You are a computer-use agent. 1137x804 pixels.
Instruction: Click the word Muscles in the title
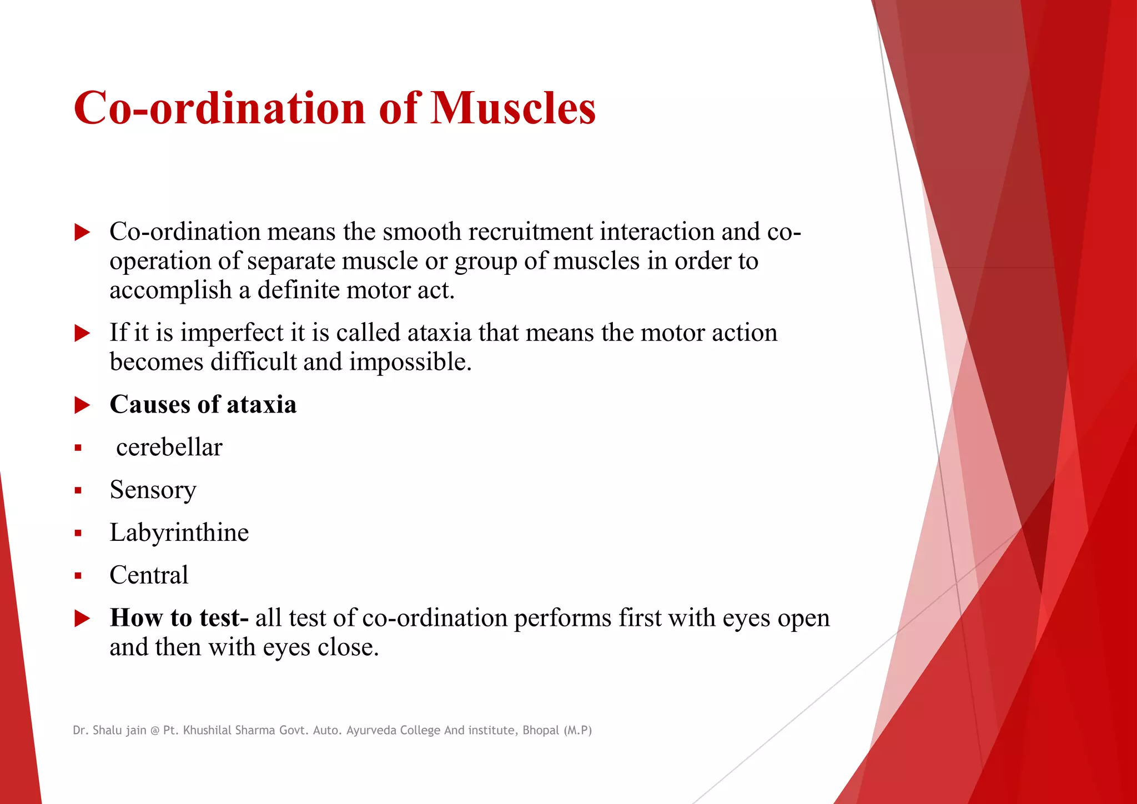512,108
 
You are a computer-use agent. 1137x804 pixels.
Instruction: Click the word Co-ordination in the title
219,108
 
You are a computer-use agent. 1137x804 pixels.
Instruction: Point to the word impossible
410,362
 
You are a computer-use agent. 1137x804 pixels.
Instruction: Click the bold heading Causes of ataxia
203,404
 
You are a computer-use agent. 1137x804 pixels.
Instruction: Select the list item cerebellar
169,448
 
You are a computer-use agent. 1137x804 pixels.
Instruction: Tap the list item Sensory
153,490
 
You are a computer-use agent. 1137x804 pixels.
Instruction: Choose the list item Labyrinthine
179,533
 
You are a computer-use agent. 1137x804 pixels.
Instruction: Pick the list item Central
149,575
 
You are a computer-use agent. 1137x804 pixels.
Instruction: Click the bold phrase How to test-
179,618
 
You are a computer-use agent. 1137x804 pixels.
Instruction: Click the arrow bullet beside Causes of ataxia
82,405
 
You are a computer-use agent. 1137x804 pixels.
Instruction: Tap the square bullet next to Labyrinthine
78,534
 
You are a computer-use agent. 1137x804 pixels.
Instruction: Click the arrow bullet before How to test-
82,619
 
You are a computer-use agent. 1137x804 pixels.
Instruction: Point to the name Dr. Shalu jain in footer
109,730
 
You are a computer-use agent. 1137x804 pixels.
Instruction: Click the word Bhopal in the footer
540,730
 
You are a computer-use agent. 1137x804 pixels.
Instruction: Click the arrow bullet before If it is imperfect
82,334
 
